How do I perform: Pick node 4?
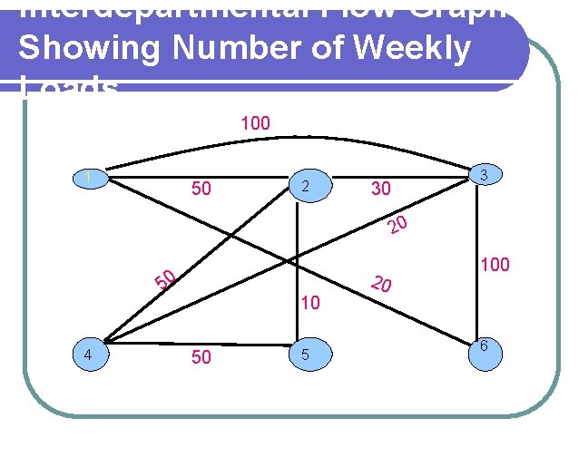click(90, 355)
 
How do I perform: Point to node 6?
click(485, 349)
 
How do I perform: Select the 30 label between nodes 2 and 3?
click(380, 190)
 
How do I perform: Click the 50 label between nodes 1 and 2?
click(201, 190)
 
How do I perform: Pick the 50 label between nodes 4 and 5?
click(201, 357)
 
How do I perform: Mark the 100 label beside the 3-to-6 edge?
click(495, 265)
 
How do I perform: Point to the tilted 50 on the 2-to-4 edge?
click(164, 281)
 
